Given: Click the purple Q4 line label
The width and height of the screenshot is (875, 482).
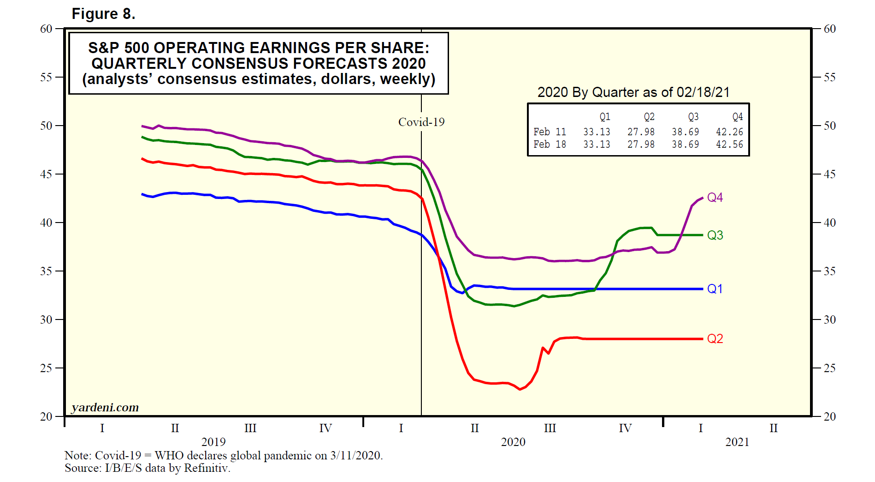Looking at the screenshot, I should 715,198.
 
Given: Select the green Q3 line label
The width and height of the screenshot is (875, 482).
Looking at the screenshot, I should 715,235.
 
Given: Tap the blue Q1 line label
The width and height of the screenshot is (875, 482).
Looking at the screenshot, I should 715,289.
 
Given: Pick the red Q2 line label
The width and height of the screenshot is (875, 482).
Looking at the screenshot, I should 715,339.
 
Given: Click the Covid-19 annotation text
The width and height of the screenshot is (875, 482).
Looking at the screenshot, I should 421,122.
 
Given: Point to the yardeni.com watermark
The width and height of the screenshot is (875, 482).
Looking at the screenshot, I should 105,408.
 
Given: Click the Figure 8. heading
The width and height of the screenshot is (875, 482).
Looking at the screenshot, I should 103,14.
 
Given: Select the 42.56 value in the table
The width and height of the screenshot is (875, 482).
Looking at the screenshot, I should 729,145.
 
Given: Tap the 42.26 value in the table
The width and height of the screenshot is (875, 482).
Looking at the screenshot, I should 729,132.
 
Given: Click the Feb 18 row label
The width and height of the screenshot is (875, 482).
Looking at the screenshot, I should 550,145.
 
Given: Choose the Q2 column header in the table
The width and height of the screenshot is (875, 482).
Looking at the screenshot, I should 649,117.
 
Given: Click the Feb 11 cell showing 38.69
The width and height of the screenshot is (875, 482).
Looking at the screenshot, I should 685,132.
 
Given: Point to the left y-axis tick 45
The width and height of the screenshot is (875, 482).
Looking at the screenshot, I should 46,174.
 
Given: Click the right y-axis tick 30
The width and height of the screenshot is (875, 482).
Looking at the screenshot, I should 829,319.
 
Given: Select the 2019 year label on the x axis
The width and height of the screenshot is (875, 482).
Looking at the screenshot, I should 213,442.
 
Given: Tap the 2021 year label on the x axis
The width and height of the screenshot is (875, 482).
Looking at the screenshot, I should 737,442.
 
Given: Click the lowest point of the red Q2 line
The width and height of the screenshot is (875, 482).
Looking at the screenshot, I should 520,389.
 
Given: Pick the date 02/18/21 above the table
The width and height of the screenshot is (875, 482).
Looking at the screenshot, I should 703,92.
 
